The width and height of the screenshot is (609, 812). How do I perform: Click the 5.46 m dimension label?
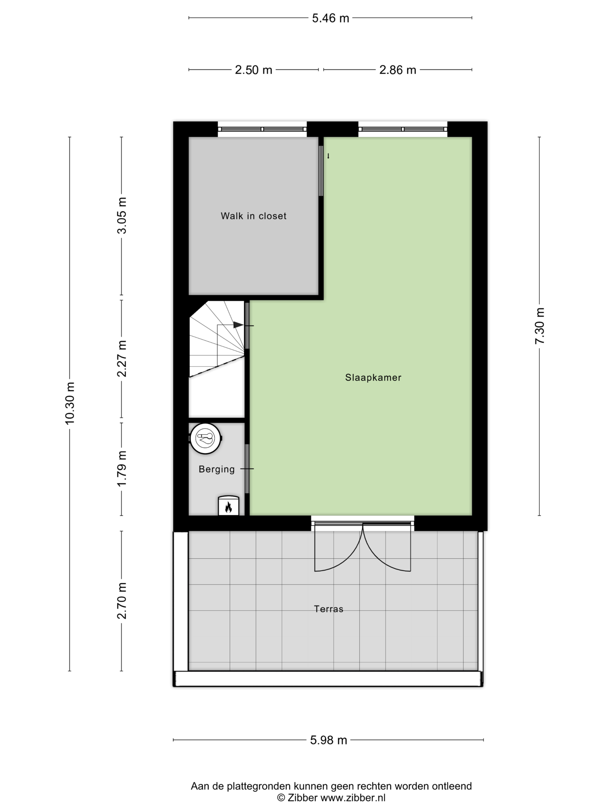330,18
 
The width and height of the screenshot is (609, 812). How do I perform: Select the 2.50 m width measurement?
253,70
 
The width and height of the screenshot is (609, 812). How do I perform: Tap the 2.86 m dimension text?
398,70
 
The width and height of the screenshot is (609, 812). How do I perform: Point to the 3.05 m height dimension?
122,215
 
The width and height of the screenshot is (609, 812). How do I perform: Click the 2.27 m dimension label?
122,359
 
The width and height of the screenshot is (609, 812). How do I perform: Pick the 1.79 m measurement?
122,468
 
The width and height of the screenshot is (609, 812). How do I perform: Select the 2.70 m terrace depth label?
122,601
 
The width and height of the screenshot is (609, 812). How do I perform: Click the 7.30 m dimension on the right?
539,326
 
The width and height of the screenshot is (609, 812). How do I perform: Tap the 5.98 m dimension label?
329,740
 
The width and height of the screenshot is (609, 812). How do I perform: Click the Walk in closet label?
253,216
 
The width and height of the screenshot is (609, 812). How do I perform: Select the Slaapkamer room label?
373,378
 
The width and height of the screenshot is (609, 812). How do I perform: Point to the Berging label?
217,469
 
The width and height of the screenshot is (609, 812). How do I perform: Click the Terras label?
329,609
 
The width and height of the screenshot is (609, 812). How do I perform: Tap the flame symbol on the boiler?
228,508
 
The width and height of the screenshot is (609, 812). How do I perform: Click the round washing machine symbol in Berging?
206,439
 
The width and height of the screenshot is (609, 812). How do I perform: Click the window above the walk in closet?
262,129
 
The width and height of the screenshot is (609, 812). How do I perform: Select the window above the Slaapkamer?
403,129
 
